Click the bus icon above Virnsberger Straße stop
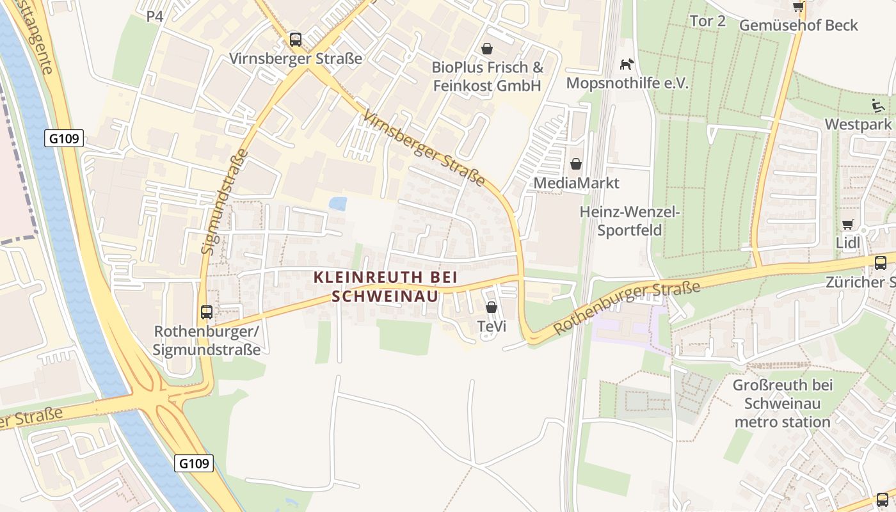(295, 40)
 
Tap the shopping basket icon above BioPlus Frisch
(487, 49)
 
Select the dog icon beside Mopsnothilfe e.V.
(627, 64)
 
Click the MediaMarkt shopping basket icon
(576, 164)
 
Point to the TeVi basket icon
(492, 307)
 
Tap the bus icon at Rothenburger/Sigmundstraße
(207, 312)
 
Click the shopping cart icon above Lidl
(848, 224)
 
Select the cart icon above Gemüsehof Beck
(798, 7)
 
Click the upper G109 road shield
(65, 138)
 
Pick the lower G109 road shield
(194, 463)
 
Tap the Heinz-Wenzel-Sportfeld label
(630, 221)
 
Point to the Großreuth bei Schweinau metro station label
(783, 404)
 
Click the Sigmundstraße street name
(224, 202)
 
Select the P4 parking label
(155, 16)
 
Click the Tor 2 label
(708, 21)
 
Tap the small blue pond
(337, 204)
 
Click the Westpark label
(858, 124)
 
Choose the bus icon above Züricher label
(881, 262)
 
